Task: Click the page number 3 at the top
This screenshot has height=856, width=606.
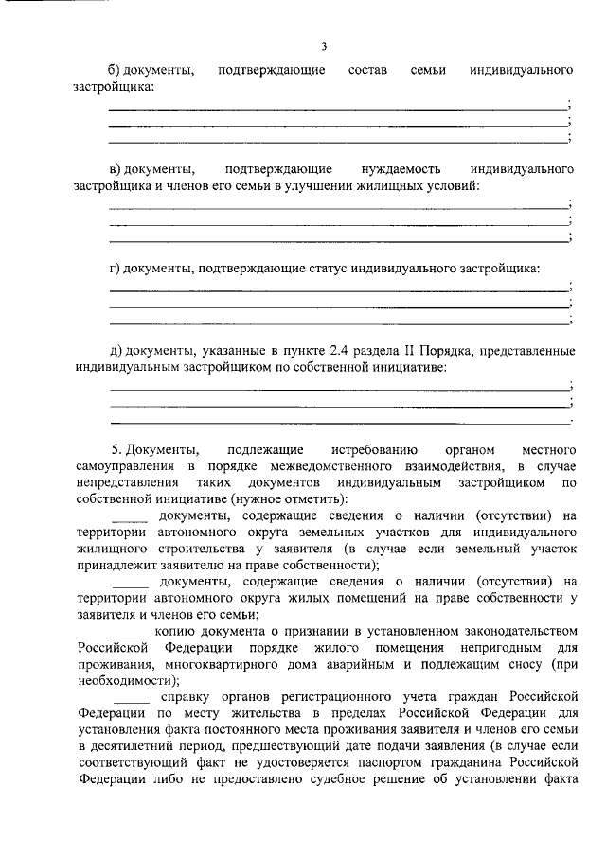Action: (x=324, y=46)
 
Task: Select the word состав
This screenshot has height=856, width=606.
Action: (x=368, y=71)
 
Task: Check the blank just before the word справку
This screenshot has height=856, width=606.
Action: (x=129, y=696)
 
